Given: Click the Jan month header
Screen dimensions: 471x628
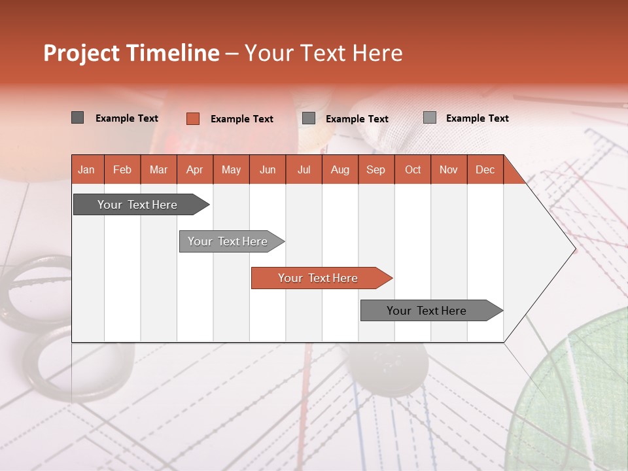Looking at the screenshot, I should pyautogui.click(x=86, y=169).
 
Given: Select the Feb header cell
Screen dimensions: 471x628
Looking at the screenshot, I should pyautogui.click(x=122, y=169).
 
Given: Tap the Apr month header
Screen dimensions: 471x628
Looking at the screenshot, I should pyautogui.click(x=194, y=169).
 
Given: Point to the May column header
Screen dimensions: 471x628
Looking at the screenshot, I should pyautogui.click(x=231, y=169).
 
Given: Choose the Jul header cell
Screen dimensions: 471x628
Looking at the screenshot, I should pyautogui.click(x=304, y=169).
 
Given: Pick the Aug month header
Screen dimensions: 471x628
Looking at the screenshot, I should pyautogui.click(x=340, y=169).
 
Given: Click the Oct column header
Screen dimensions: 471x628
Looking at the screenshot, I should pyautogui.click(x=413, y=169).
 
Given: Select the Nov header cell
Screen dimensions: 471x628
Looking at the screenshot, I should pyautogui.click(x=449, y=169).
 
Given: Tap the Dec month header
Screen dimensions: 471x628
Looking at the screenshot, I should pyautogui.click(x=485, y=169).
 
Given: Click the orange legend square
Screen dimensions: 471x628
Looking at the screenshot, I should pyautogui.click(x=192, y=118).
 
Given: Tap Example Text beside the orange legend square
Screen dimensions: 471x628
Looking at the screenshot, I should pyautogui.click(x=241, y=119).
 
